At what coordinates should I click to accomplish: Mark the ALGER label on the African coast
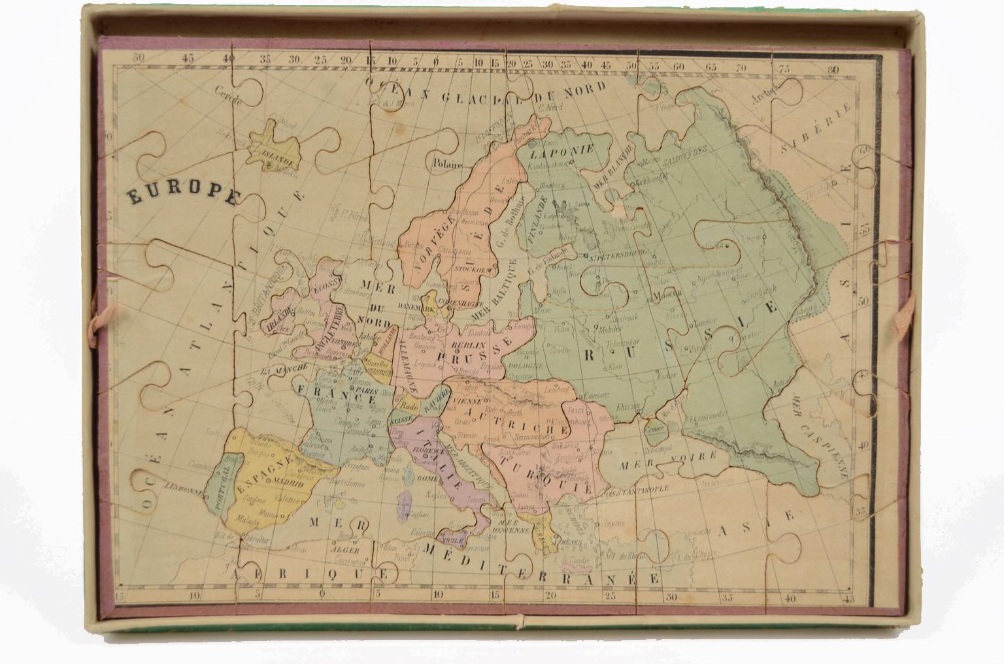tap(346, 549)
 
